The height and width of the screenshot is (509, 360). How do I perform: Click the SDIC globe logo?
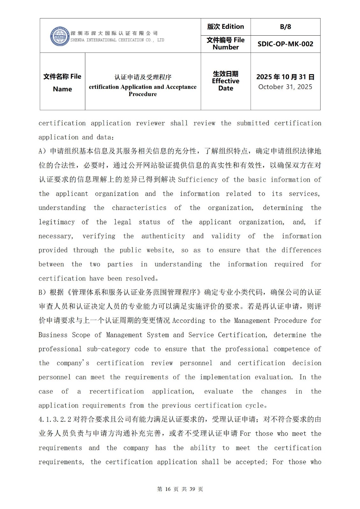pos(60,36)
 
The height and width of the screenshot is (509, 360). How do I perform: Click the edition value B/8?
pos(285,27)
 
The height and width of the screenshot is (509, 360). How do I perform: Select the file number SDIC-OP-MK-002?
pos(285,44)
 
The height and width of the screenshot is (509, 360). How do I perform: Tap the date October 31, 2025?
pos(285,87)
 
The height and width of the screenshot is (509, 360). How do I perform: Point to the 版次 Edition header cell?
pos(225,27)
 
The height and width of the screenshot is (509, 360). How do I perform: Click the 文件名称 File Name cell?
pos(62,82)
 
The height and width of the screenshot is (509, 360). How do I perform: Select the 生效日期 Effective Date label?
pos(225,81)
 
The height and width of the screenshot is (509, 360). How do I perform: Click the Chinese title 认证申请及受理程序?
pos(143,77)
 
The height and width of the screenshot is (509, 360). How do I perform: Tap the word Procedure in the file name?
pos(143,94)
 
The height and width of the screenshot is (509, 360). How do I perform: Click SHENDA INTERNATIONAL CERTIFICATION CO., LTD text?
pos(117,40)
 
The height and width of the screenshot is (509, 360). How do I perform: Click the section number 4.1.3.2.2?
pos(55,420)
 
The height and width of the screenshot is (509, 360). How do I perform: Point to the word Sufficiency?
pos(198,180)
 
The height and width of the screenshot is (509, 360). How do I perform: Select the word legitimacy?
pos(57,222)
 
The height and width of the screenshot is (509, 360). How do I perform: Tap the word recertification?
pos(116,391)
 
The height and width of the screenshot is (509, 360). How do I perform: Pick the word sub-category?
pos(108,349)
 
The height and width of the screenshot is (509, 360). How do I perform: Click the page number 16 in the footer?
pos(168,489)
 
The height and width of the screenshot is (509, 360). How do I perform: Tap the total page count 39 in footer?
pos(192,489)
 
